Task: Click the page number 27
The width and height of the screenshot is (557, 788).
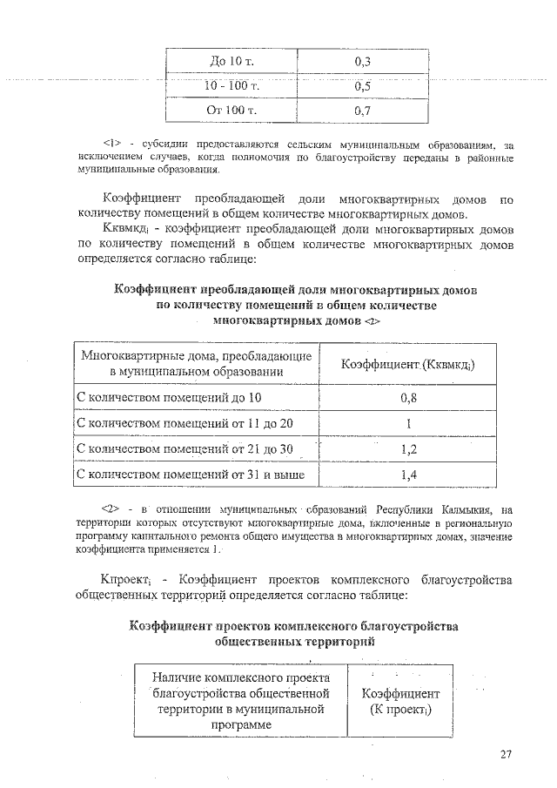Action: tap(507, 754)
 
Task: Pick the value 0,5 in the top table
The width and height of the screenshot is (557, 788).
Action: tap(364, 86)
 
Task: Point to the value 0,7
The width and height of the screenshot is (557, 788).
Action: tap(364, 111)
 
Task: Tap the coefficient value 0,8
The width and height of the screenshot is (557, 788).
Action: tap(408, 398)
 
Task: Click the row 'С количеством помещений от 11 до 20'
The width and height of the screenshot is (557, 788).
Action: tap(185, 423)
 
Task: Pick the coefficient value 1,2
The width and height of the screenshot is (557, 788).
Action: tap(408, 449)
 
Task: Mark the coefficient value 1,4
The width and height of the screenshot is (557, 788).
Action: tap(408, 475)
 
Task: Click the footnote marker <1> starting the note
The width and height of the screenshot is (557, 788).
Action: tap(111, 144)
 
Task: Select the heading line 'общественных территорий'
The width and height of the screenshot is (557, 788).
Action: tap(295, 641)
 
